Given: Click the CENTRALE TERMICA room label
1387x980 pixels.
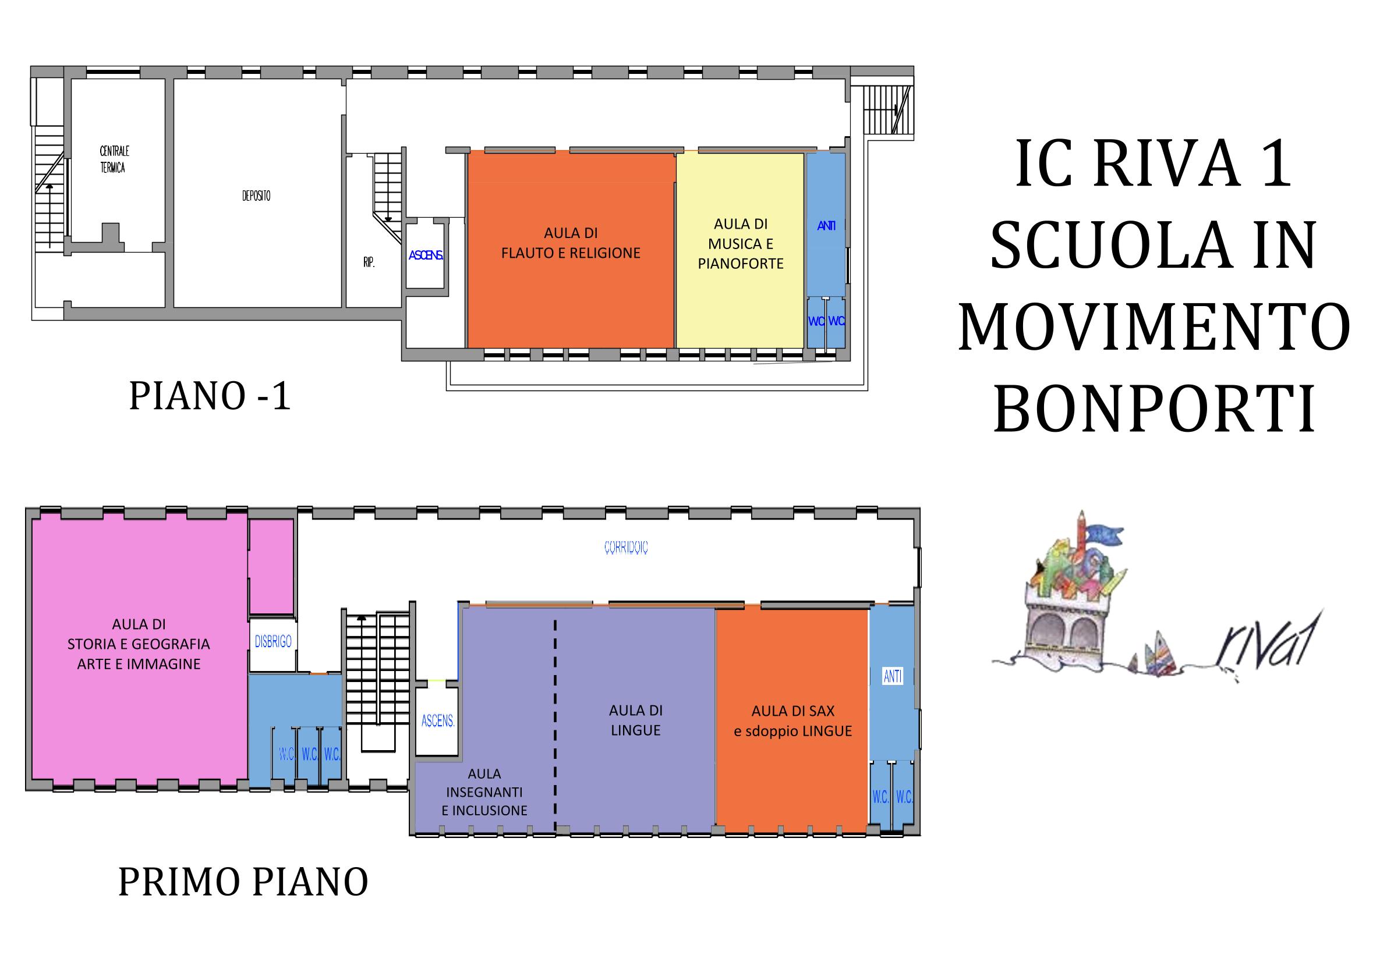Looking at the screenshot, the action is [114, 159].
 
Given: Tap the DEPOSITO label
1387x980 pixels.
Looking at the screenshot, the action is [256, 196].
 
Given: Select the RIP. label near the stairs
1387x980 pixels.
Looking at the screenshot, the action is [369, 262].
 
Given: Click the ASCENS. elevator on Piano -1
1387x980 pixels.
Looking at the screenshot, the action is [426, 255].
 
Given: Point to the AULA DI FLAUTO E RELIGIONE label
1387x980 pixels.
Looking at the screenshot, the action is [571, 243].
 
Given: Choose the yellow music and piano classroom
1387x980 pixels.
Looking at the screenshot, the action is [740, 250].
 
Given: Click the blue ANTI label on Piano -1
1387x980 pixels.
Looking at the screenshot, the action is [826, 226].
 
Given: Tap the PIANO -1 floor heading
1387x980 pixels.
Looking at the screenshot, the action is [210, 397].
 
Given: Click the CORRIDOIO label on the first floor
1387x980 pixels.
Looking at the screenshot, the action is [626, 547].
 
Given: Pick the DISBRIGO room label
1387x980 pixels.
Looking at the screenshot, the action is [273, 641].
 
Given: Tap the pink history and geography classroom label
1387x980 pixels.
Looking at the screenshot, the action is [139, 644].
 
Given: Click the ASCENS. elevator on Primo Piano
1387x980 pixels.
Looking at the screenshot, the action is [438, 720].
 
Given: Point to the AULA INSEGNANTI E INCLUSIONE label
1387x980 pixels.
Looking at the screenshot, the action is [484, 791].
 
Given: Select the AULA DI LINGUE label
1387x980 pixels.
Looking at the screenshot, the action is [635, 720].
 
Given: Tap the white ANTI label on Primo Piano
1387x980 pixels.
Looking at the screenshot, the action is [893, 677].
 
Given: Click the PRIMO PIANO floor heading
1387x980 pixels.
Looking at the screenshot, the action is [243, 882].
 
